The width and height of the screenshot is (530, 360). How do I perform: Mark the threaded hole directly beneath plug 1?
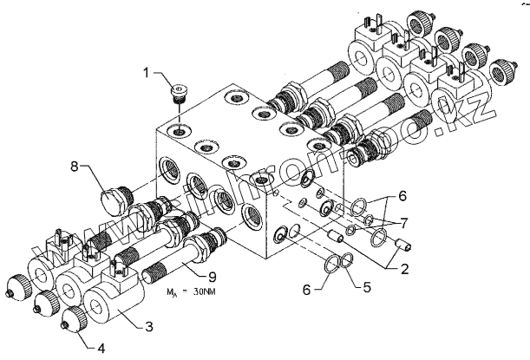[x=179, y=131]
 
